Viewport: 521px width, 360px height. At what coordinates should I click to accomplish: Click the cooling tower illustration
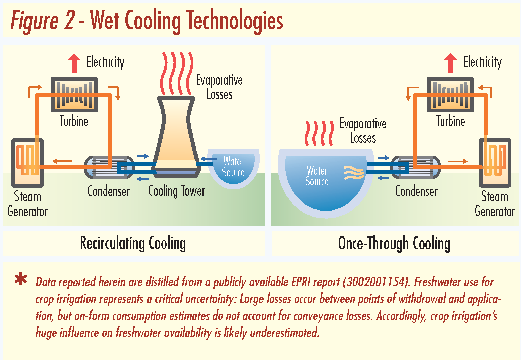point(176,137)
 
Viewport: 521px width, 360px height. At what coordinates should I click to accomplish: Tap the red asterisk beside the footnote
point(21,279)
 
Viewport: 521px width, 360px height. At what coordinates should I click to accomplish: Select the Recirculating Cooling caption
point(133,243)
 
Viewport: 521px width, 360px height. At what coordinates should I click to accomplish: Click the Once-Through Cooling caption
point(394,243)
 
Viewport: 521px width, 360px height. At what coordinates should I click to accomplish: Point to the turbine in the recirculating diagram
point(74,95)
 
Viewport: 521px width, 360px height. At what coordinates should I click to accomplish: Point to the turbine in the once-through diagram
point(450,95)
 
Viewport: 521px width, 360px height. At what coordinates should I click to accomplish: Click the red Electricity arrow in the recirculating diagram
point(74,63)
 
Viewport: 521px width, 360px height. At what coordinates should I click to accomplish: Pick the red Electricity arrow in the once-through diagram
point(451,63)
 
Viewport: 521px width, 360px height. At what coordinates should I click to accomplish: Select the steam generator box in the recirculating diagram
point(27,163)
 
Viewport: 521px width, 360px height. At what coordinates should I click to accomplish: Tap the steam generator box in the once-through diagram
point(495,163)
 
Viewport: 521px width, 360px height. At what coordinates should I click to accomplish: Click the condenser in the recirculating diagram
point(109,167)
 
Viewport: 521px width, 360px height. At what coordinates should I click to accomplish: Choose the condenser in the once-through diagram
point(416,167)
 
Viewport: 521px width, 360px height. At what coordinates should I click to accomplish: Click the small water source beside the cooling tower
point(234,168)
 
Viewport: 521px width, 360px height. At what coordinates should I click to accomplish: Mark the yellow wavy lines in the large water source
point(353,173)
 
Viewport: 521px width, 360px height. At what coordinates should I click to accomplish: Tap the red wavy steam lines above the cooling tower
point(177,73)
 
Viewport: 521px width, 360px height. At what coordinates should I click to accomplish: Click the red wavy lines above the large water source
point(319,133)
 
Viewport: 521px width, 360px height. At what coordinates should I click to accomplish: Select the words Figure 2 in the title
point(43,21)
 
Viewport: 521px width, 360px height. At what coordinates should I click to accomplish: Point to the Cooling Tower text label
point(176,191)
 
